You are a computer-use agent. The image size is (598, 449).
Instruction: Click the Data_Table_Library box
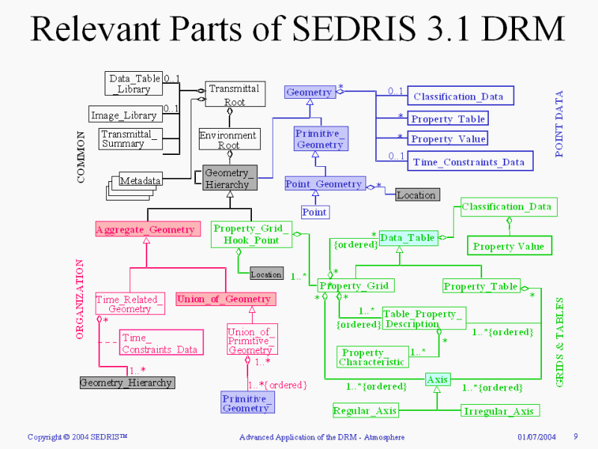(134, 83)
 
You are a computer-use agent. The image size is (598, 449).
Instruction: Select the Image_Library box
(125, 115)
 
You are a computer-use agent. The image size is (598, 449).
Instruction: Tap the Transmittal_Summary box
(129, 138)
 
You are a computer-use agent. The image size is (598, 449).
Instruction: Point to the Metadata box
(141, 180)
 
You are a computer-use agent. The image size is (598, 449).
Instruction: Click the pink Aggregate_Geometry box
(145, 230)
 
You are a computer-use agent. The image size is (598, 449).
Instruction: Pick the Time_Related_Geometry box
(129, 304)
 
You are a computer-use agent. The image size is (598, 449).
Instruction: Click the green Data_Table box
(407, 238)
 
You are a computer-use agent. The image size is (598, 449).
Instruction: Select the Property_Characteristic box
(372, 357)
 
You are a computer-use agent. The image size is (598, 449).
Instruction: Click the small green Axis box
(437, 380)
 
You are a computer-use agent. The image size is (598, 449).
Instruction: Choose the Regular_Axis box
(366, 410)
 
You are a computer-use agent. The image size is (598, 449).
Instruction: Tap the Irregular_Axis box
(499, 410)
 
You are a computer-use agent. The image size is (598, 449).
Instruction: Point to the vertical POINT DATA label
(560, 123)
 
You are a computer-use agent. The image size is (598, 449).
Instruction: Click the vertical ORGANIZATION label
(81, 300)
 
